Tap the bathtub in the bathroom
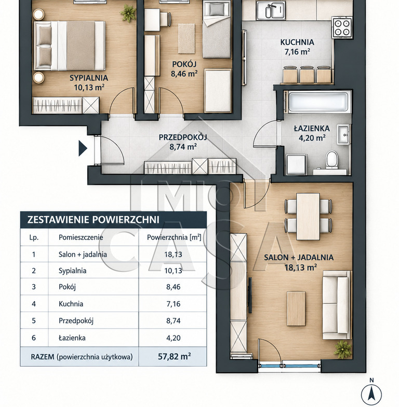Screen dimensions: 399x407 318,102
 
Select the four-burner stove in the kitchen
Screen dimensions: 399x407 342,27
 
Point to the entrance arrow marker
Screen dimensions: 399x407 83,148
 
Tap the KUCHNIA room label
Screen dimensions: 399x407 297,42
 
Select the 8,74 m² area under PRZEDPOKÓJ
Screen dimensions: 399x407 183,147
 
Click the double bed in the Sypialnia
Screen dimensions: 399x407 69,46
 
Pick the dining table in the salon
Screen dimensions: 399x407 308,217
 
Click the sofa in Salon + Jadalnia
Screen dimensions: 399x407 336,305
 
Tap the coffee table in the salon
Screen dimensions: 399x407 296,308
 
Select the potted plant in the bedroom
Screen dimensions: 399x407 128,13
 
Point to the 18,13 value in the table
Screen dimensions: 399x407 173,255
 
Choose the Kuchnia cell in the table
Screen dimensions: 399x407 71,304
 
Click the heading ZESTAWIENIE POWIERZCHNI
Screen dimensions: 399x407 93,220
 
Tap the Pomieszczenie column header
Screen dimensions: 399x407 81,237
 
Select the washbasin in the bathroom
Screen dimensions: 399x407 344,134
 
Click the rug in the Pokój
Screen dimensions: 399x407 187,38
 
